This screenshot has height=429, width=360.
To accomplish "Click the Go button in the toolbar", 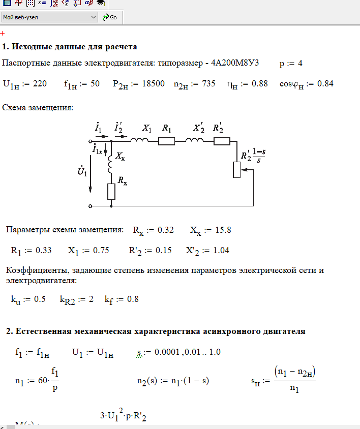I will click(110, 17).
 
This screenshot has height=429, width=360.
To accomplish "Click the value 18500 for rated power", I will click(153, 83).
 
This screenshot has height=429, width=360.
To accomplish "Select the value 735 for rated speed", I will click(207, 83).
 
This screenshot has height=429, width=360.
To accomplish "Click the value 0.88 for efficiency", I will click(259, 83).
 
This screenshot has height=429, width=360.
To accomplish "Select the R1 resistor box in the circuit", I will click(166, 141).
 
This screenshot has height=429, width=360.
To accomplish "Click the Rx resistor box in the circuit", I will click(111, 192).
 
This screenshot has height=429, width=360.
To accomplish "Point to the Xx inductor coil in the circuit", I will click(110, 164).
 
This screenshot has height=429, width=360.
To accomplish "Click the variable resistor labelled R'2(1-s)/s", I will click(236, 170).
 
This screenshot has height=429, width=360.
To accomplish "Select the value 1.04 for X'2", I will click(221, 250).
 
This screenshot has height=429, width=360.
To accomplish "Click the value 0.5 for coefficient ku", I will click(40, 299).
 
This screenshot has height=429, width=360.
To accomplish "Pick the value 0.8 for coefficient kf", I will click(132, 299).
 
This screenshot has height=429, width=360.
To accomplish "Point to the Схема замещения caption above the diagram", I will click(38, 108).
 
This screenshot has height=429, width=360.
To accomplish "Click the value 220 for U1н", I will click(40, 83).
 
